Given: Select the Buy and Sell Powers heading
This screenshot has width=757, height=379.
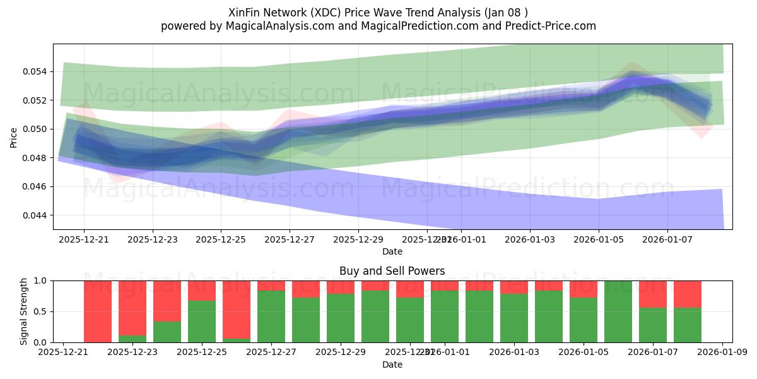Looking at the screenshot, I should [392, 271].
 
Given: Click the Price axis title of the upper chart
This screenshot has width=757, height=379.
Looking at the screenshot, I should [14, 136].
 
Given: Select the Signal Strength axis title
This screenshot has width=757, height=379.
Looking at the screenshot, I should [24, 311].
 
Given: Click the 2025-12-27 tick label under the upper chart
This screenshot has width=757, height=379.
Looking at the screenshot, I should [290, 239].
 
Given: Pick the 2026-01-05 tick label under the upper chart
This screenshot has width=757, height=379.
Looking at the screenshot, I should [599, 239].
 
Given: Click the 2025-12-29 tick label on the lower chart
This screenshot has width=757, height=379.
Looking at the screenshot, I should [340, 352].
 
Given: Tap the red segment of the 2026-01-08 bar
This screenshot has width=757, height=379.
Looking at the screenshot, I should [688, 294].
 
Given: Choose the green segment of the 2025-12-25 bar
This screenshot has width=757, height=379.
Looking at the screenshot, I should [202, 322].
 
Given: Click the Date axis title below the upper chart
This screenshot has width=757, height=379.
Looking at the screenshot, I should [392, 251].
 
